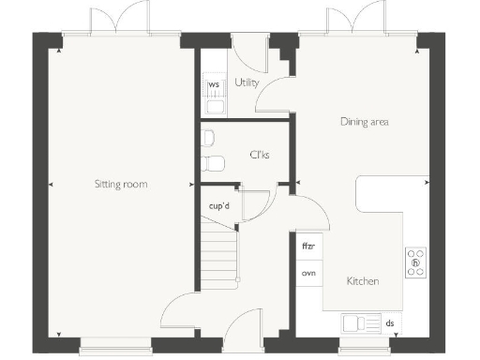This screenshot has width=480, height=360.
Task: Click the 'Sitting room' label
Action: click(121, 184)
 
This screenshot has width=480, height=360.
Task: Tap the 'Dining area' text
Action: click(364, 122)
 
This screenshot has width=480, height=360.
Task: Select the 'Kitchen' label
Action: click(363, 280)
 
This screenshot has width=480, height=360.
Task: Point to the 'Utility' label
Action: click(247, 83)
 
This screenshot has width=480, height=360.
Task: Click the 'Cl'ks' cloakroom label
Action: click(259, 155)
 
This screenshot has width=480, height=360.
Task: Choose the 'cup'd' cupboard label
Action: click(220, 204)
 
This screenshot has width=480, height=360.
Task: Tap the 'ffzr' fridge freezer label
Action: click(307, 247)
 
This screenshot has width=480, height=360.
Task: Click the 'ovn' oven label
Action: click(307, 273)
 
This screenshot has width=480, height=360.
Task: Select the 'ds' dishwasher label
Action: click(390, 323)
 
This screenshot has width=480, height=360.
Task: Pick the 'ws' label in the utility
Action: click(214, 85)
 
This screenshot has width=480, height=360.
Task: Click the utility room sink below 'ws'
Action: click(214, 106)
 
